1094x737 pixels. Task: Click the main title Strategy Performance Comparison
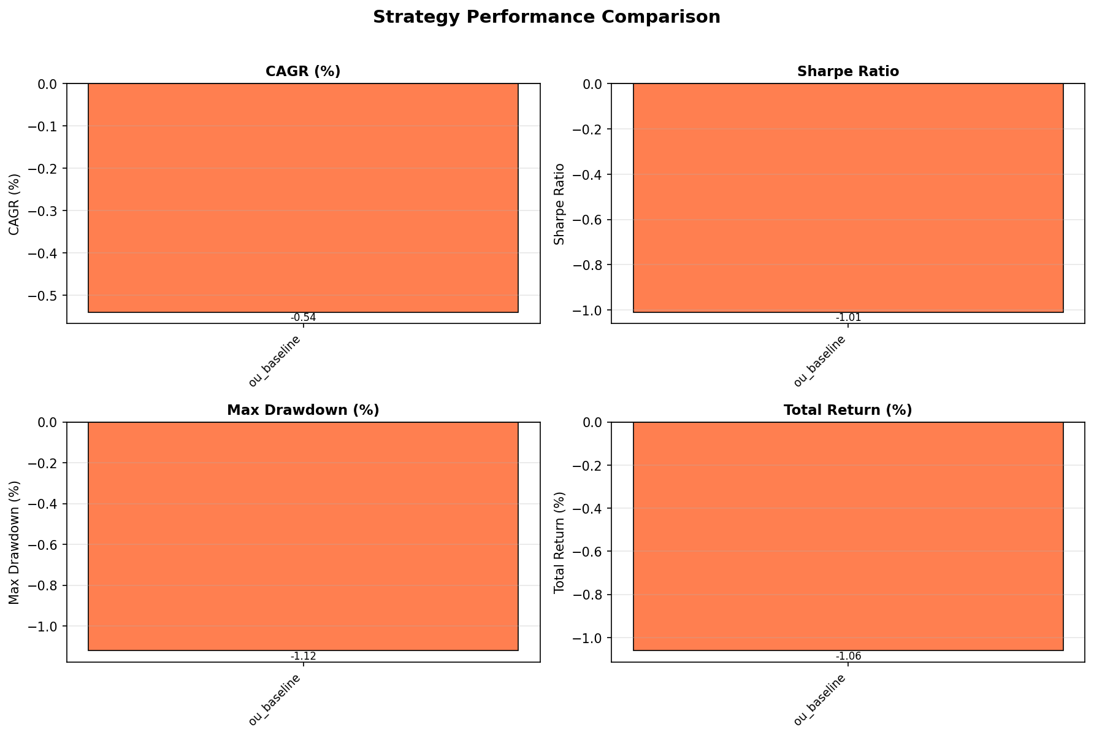point(546,17)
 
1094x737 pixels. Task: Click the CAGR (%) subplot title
point(303,71)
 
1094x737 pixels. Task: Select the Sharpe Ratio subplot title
point(847,71)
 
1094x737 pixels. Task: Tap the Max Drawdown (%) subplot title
point(303,410)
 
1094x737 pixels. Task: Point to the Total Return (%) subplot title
point(847,410)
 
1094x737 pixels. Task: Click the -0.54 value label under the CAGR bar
point(303,318)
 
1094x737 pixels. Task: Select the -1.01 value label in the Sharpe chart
point(848,318)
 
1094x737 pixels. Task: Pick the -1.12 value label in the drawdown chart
point(303,656)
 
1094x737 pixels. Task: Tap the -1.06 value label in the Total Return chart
point(848,656)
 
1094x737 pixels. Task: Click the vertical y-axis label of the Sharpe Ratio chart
point(559,204)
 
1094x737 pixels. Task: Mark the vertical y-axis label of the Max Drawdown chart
point(15,542)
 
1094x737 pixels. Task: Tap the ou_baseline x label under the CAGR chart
point(275,361)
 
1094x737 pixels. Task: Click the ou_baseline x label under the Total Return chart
point(820,700)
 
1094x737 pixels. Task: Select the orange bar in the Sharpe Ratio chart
point(847,198)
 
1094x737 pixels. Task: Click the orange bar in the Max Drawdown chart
point(303,536)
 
